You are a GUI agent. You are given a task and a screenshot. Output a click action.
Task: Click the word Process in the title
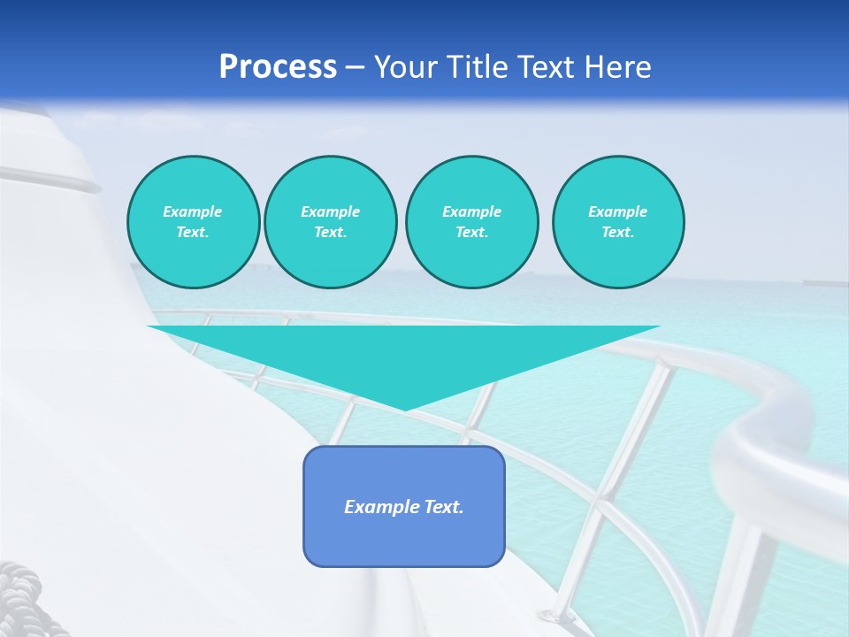pos(278,66)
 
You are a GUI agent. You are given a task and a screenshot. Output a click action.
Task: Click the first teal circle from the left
pos(193,222)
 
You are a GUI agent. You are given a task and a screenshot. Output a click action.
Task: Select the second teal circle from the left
pos(330,222)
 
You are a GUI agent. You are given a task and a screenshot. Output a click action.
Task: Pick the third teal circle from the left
pos(471,222)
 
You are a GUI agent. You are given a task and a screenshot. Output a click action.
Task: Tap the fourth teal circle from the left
pos(617,222)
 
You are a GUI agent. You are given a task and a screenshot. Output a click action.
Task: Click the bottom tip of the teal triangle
pos(404,408)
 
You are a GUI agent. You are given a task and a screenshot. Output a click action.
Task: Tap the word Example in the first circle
pos(193,211)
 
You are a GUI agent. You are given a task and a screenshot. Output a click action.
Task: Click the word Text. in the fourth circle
pos(617,233)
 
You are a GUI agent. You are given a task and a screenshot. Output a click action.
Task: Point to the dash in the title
pos(355,66)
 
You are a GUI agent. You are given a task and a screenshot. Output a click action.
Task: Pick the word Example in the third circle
pos(471,211)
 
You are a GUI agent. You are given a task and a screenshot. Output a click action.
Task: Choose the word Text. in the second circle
pos(330,233)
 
